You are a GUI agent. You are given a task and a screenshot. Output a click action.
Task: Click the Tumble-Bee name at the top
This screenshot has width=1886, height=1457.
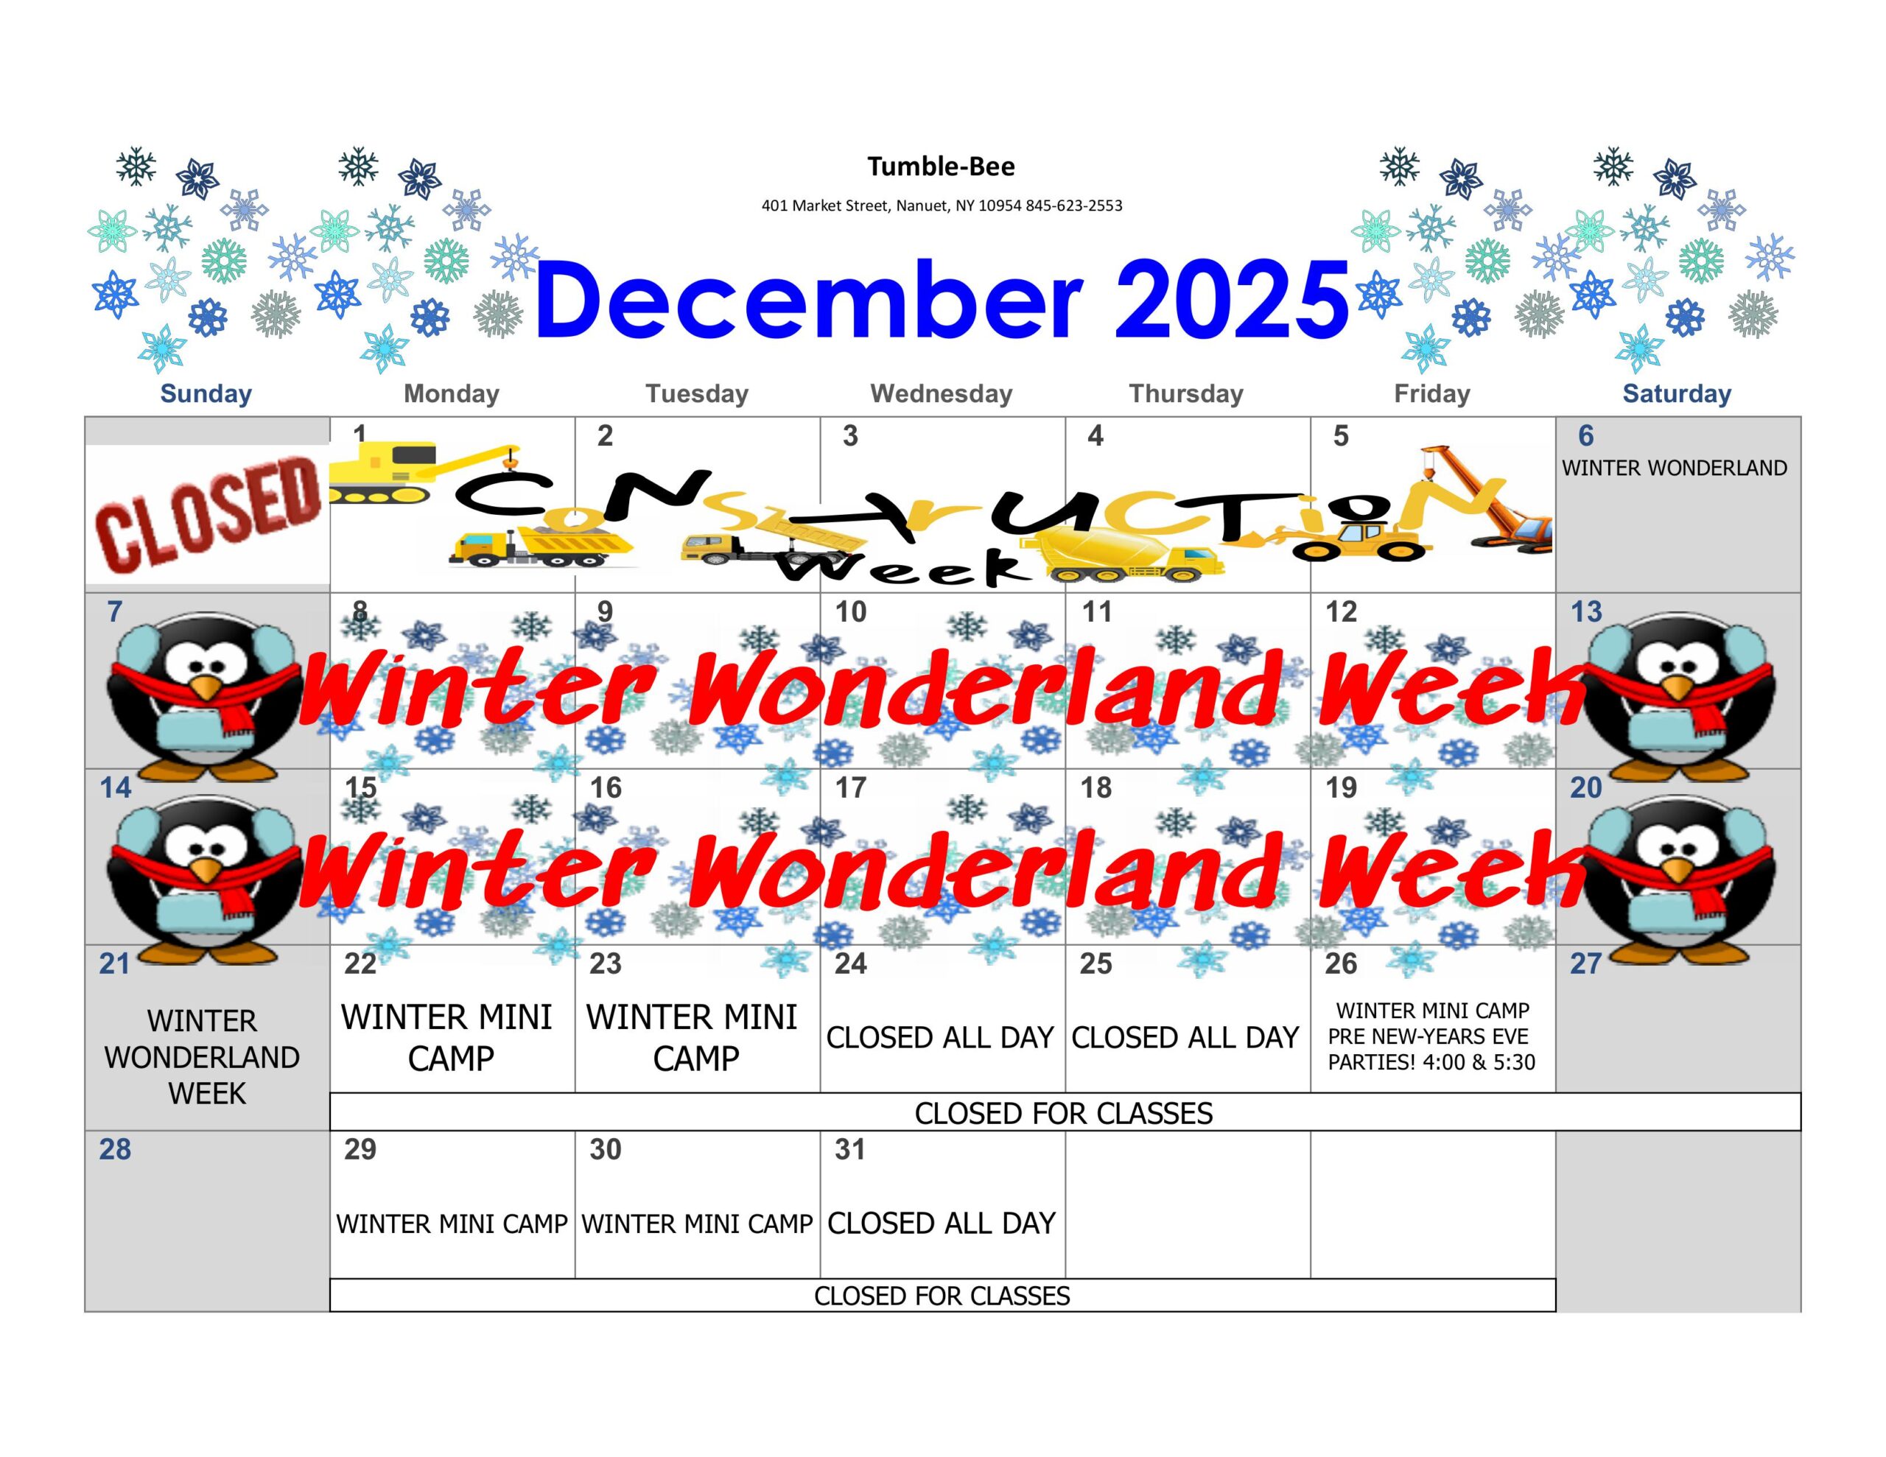point(942,166)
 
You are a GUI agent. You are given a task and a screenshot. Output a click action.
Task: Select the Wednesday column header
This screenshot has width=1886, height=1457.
point(942,394)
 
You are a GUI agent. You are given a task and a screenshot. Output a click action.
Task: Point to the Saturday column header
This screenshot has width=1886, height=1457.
point(1677,394)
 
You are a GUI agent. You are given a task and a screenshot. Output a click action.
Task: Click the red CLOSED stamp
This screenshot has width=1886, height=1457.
point(207,515)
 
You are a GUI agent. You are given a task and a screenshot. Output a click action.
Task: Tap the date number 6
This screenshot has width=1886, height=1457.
point(1585,436)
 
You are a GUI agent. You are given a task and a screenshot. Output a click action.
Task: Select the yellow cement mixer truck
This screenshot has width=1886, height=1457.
point(1123,556)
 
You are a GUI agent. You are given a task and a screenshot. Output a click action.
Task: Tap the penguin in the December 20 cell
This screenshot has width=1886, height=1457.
point(1679,877)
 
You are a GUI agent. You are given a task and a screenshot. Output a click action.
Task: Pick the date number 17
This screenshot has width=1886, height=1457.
point(851,787)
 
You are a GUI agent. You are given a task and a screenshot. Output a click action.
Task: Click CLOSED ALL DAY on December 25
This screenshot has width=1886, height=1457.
point(1185,1037)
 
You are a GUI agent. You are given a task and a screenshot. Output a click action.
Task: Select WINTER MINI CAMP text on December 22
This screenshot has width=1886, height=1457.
point(448,1037)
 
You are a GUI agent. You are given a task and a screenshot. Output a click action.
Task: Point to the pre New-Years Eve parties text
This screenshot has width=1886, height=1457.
point(1431,1050)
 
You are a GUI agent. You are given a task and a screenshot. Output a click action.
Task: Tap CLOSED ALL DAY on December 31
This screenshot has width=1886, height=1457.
point(942,1223)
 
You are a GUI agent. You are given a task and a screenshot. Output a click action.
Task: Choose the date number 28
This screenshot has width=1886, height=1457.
point(115,1150)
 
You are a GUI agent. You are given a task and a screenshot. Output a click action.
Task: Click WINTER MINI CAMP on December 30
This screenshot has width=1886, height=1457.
point(697,1223)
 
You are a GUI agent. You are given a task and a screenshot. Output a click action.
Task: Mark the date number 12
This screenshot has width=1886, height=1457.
point(1341,612)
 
